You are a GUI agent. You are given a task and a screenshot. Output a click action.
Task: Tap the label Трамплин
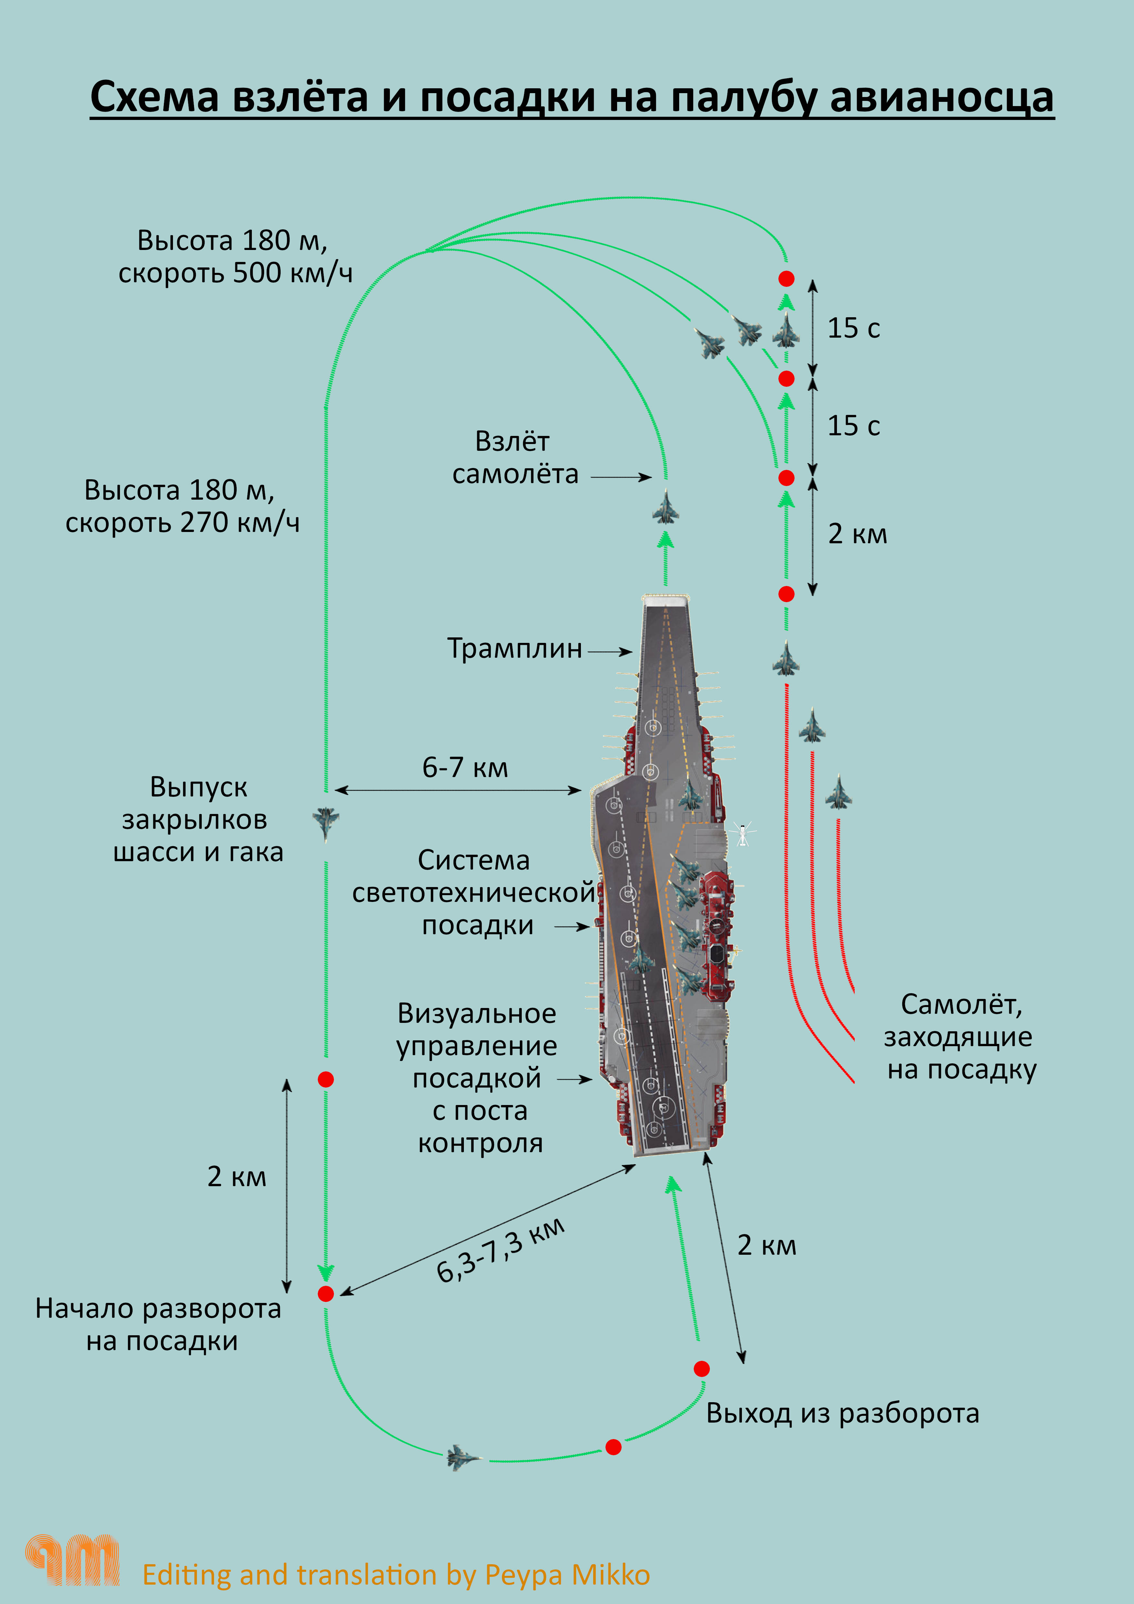tap(515, 649)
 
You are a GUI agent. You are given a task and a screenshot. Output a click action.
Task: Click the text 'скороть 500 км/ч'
tap(235, 273)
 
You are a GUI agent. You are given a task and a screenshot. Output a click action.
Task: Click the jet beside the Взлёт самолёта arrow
tap(666, 508)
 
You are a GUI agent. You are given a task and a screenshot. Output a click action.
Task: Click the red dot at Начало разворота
tap(326, 1294)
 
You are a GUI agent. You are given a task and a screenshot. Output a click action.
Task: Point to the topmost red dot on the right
tap(786, 279)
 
